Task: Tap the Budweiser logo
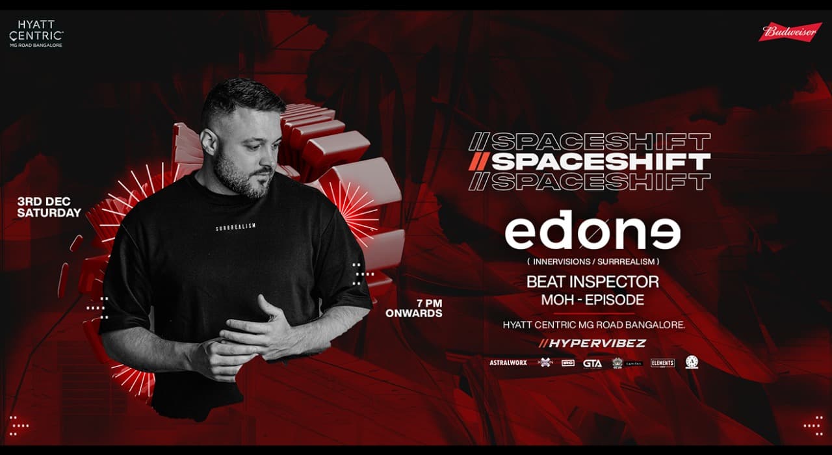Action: (x=790, y=32)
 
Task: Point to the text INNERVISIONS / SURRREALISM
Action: (x=592, y=261)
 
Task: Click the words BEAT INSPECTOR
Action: (x=592, y=281)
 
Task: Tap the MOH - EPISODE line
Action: (x=592, y=300)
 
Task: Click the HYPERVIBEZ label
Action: (x=592, y=343)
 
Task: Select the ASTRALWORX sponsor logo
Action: (x=508, y=363)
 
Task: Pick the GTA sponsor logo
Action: (x=592, y=363)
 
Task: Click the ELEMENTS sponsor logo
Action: (x=662, y=363)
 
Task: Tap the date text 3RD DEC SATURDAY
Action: (x=49, y=207)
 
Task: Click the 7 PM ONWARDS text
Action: (x=413, y=308)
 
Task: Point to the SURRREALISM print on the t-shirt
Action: (x=236, y=227)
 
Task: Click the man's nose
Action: (x=272, y=153)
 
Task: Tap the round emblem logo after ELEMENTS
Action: (x=692, y=363)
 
